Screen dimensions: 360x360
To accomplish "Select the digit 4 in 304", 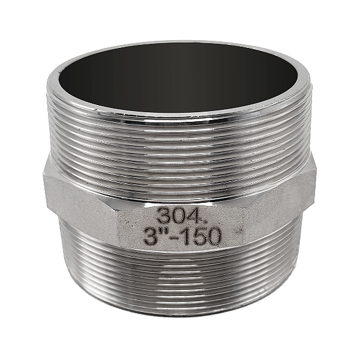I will tap(186, 215).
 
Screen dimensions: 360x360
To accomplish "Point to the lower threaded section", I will tap(180, 282).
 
